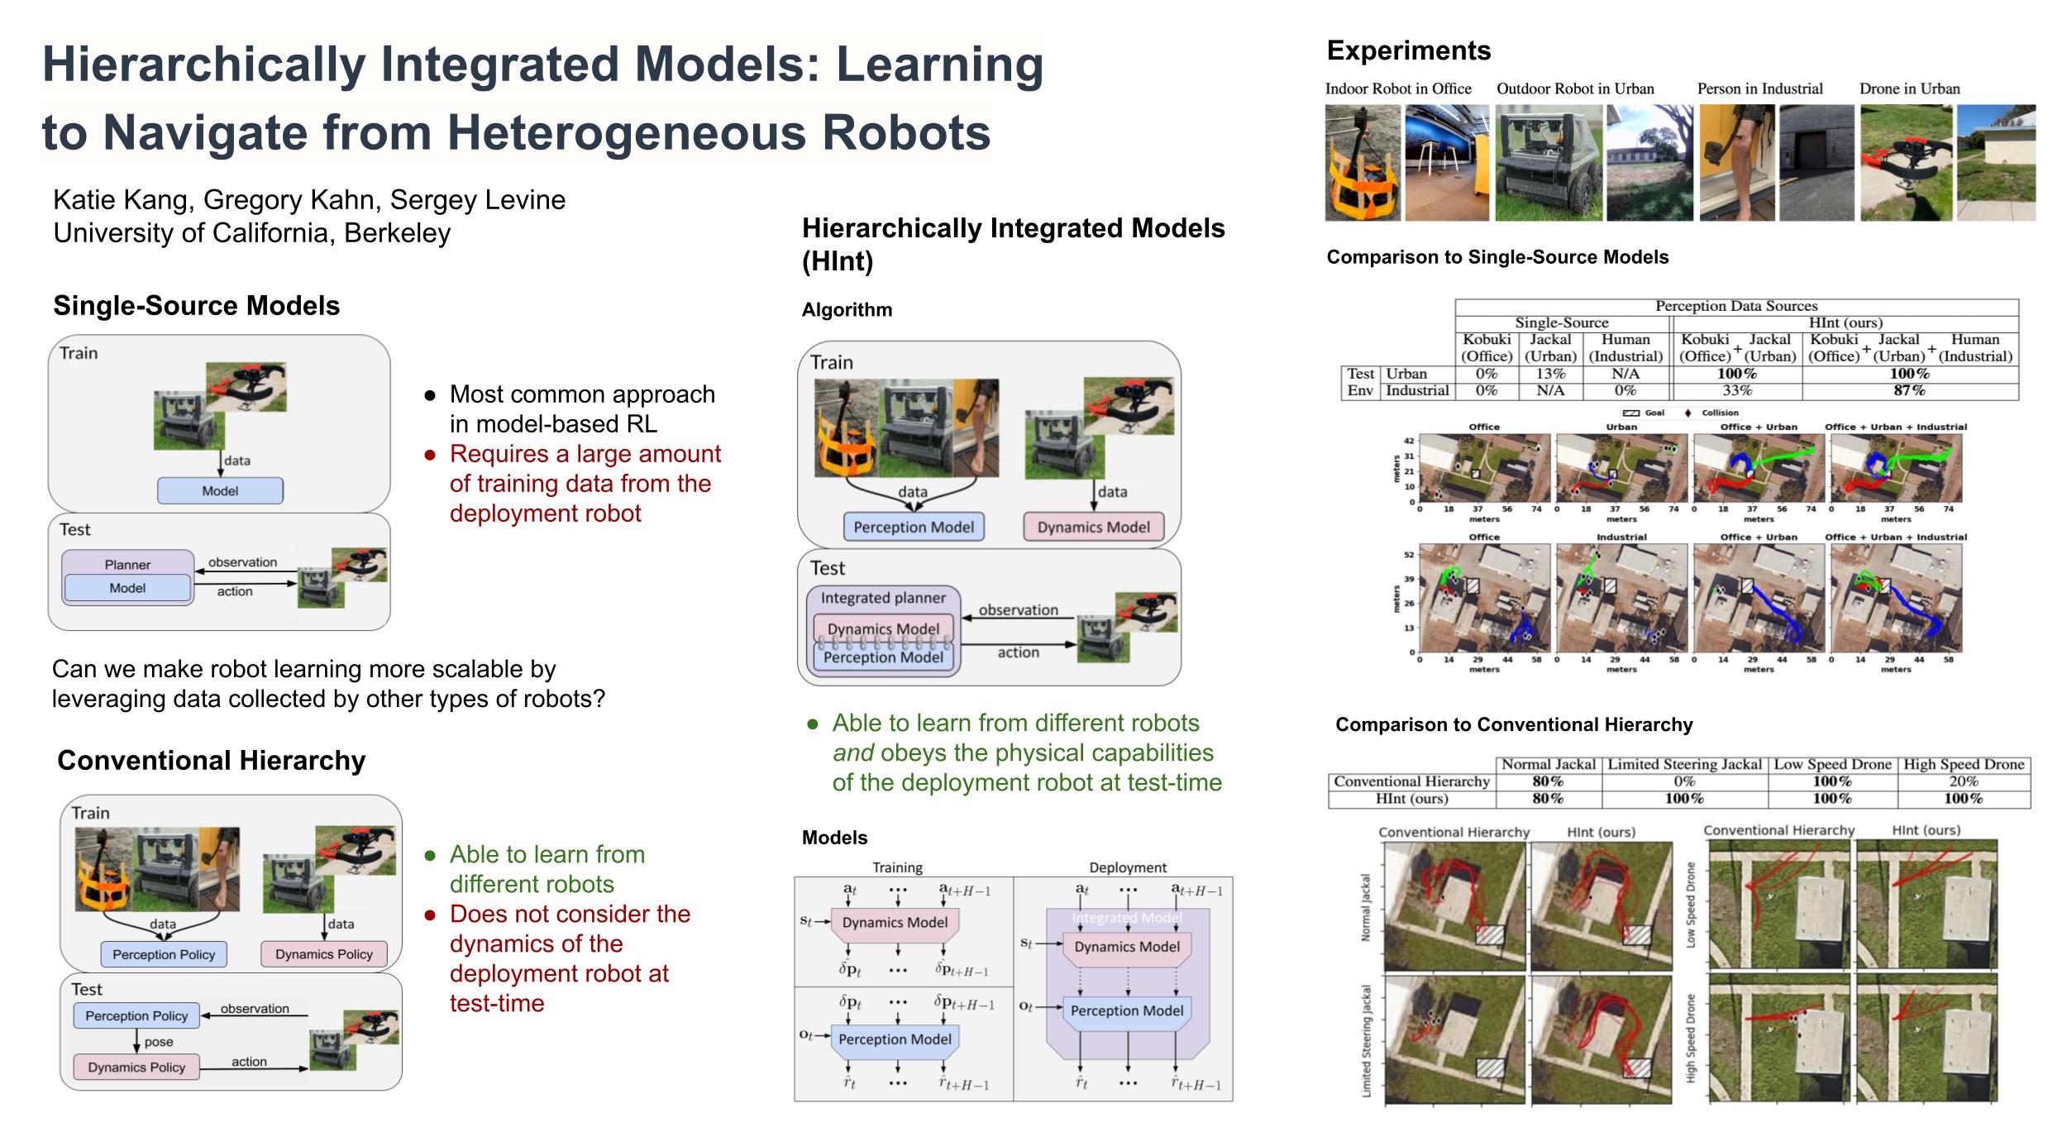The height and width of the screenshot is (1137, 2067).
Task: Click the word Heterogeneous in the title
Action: pos(626,132)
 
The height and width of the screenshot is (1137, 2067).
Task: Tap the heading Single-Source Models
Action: pos(197,306)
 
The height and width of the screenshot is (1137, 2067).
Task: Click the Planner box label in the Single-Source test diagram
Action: pos(127,565)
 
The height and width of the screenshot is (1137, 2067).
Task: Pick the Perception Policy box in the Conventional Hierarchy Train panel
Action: pos(164,954)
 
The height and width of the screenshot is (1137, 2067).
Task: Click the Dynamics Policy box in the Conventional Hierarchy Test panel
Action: pos(136,1067)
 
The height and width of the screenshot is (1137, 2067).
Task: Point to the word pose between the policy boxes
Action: pos(159,1042)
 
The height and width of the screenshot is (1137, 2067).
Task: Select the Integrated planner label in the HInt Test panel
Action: pos(883,598)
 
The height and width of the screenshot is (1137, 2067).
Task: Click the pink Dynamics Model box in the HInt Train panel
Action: pos(1093,527)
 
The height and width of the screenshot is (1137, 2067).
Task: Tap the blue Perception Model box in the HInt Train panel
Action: pos(914,527)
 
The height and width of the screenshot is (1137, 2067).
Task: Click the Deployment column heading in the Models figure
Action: pos(1128,867)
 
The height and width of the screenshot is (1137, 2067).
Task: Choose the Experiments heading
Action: pos(1408,51)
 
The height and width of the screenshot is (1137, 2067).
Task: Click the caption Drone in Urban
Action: pos(1909,89)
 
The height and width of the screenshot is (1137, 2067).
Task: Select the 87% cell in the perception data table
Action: pos(1909,390)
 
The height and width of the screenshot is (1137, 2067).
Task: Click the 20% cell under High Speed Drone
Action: pos(1964,781)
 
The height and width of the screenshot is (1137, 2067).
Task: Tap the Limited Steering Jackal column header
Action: pos(1684,765)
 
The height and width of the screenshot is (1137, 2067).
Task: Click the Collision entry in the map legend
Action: pos(1719,413)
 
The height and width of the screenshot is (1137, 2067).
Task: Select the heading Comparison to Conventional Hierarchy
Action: pos(1514,725)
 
